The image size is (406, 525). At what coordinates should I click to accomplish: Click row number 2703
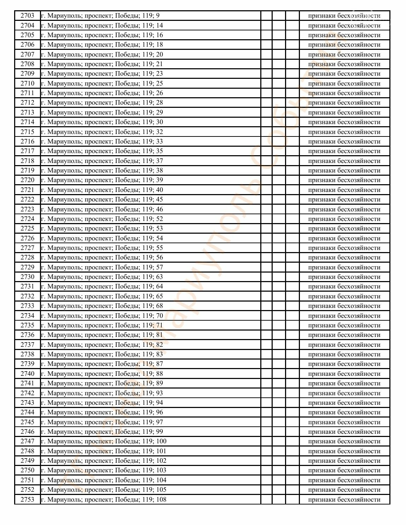[27, 16]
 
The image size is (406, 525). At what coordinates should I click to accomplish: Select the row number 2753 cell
[27, 499]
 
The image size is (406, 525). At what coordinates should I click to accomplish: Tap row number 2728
[27, 257]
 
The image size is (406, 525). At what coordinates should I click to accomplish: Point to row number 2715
[27, 132]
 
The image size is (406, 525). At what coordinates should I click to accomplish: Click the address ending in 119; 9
[100, 16]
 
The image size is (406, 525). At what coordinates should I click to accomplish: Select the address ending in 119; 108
[104, 499]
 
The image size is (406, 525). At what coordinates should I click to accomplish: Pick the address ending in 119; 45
[102, 199]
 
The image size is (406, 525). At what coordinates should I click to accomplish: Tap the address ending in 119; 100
[104, 441]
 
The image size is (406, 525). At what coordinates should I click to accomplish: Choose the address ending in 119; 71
[102, 325]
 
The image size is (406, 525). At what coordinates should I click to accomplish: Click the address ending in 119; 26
[102, 93]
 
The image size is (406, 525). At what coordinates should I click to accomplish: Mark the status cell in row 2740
[344, 374]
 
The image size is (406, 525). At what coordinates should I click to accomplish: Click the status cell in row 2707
[344, 54]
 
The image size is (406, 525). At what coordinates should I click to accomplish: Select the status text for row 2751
[344, 480]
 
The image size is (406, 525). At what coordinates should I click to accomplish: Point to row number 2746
[27, 432]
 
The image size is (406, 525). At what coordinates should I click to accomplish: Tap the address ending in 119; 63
[102, 277]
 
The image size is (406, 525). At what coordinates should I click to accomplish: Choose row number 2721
[27, 190]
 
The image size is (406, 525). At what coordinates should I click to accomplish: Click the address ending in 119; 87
[102, 364]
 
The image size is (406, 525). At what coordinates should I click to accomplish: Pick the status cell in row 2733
[344, 306]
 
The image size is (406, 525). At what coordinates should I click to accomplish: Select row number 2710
[27, 83]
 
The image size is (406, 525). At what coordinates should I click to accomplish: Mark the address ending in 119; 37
[102, 161]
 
